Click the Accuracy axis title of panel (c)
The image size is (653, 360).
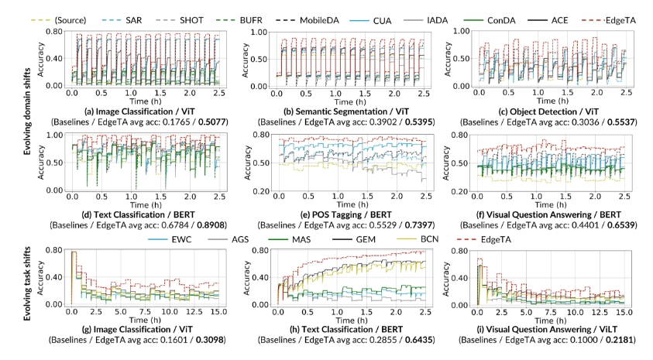pos(445,58)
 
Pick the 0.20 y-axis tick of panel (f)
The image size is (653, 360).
pos(459,190)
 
